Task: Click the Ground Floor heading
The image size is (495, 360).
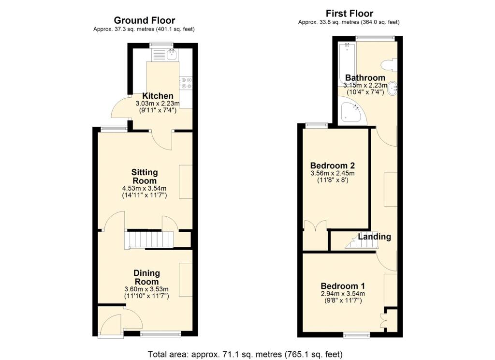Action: [x=144, y=20]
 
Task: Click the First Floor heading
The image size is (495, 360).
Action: [x=349, y=14]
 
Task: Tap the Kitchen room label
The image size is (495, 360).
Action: [x=158, y=96]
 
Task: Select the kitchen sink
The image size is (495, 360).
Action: [x=172, y=54]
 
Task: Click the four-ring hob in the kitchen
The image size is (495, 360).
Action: [x=186, y=83]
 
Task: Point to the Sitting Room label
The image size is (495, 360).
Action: [x=144, y=177]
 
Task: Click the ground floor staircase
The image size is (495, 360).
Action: [x=150, y=240]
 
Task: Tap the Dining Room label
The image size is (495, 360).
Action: [x=146, y=277]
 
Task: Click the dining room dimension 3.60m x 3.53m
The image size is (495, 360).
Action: [x=146, y=289]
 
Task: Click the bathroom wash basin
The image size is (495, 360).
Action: [x=393, y=89]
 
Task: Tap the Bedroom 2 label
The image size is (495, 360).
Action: [x=333, y=165]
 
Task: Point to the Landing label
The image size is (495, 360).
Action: [x=375, y=237]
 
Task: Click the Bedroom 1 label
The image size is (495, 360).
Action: [x=343, y=286]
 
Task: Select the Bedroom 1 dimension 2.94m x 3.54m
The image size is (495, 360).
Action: [x=343, y=294]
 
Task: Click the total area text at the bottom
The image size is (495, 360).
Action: [x=245, y=354]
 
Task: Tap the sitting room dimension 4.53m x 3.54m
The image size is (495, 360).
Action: [x=144, y=188]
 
